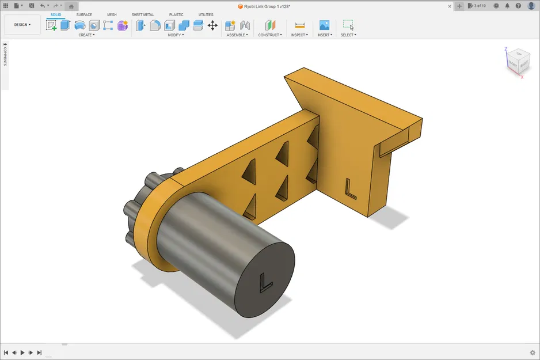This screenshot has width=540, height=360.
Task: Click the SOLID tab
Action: pyautogui.click(x=56, y=15)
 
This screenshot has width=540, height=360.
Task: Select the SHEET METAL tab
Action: pyautogui.click(x=143, y=15)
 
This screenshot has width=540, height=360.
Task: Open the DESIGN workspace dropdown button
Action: pyautogui.click(x=22, y=25)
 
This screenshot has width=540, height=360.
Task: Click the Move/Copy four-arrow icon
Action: pyautogui.click(x=212, y=25)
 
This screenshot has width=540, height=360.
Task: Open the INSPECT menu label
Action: pyautogui.click(x=299, y=35)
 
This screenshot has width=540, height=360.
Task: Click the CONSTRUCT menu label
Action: pyautogui.click(x=269, y=35)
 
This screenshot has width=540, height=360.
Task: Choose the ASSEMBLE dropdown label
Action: pyautogui.click(x=237, y=35)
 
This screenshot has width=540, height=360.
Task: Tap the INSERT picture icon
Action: pyautogui.click(x=324, y=25)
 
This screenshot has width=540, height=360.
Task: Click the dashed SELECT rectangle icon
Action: pyautogui.click(x=348, y=25)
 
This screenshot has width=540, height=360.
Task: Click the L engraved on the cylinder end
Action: pyautogui.click(x=265, y=283)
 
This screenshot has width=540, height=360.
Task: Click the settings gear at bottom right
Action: pyautogui.click(x=532, y=353)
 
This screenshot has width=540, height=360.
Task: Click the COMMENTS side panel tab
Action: pyautogui.click(x=5, y=55)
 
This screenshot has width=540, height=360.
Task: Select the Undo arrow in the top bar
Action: pyautogui.click(x=42, y=6)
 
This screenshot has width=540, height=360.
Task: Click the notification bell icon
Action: pyautogui.click(x=507, y=6)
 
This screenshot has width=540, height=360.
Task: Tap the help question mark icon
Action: pyautogui.click(x=518, y=6)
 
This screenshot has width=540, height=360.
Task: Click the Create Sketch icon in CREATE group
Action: pyautogui.click(x=51, y=25)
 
